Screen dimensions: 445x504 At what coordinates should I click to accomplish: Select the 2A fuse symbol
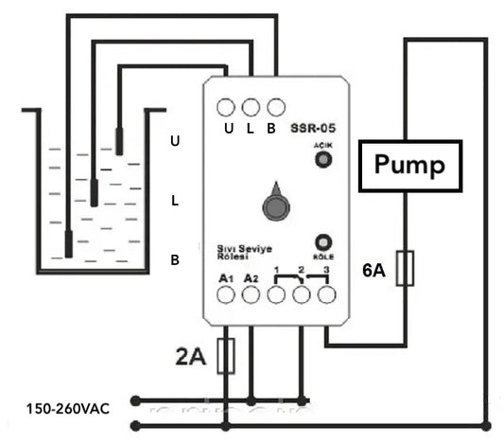click(226, 356)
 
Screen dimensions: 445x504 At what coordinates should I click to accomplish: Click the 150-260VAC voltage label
click(68, 409)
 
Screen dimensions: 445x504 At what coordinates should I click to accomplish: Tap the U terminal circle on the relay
click(227, 107)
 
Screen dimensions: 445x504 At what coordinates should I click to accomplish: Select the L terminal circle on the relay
click(251, 107)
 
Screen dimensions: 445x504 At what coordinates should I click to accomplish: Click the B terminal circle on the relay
click(275, 107)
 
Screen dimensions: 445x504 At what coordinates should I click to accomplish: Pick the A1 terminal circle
click(226, 295)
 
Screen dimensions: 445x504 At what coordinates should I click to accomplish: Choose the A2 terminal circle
click(251, 295)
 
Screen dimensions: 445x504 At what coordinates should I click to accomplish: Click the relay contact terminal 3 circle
click(326, 295)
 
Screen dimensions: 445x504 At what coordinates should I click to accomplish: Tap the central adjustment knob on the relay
click(275, 205)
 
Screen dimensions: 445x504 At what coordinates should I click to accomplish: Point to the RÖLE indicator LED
click(324, 241)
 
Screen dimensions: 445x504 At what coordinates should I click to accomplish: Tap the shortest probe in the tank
click(119, 140)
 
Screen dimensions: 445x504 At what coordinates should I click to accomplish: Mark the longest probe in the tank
click(68, 244)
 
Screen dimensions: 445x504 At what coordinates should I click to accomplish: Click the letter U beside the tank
click(174, 140)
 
